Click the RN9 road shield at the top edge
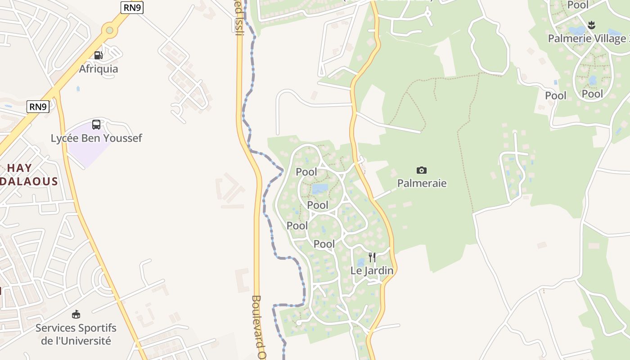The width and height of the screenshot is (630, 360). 132,7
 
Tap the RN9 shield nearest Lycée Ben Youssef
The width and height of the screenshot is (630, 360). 38,107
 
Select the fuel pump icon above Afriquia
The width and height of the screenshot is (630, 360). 98,55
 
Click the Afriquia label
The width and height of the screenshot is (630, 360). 99,69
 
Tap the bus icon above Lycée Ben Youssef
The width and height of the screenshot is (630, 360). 96,125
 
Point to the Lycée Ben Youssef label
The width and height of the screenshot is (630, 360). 96,138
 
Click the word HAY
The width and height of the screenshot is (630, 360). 19,168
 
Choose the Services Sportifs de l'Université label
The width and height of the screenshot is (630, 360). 76,334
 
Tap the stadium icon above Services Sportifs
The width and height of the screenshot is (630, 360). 76,314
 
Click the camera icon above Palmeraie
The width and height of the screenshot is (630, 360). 422,170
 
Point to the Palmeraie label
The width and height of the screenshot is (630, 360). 422,183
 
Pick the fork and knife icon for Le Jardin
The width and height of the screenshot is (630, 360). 372,257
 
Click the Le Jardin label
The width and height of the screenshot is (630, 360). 372,270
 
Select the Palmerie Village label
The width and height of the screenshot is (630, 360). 586,38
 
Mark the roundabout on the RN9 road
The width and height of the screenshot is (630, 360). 109,30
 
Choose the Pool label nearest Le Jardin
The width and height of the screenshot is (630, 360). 324,244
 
